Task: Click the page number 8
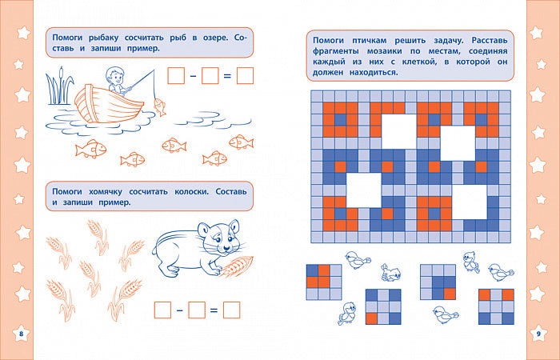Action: pos(21,334)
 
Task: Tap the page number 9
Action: pos(539,334)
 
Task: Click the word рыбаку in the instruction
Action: pos(103,38)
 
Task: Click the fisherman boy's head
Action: pos(114,74)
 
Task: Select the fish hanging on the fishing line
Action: pos(159,106)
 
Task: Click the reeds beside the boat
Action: pos(59,86)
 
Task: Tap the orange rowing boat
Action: pos(109,104)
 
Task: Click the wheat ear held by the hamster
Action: pos(237,266)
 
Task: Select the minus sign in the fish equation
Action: pos(193,76)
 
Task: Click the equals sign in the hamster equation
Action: pos(214,310)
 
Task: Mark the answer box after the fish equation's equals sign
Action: pos(245,76)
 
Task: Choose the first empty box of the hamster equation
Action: pos(162,310)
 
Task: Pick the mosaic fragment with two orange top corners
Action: pos(497,306)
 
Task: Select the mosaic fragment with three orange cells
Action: pos(324,282)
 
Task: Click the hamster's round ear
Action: pos(234,226)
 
